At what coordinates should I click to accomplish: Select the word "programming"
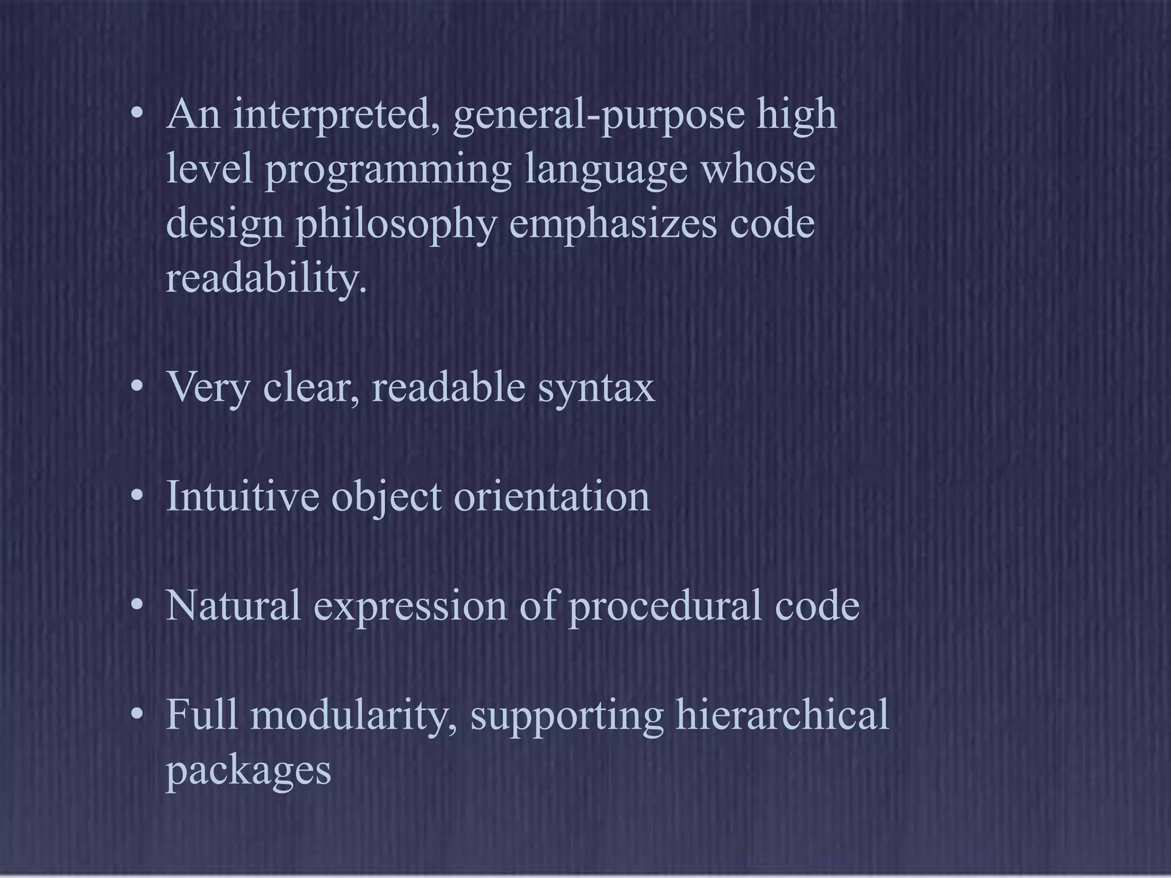pyautogui.click(x=388, y=171)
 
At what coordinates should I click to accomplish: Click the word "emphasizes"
pyautogui.click(x=612, y=225)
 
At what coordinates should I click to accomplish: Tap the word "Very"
pyautogui.click(x=208, y=389)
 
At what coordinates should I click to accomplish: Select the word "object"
pyautogui.click(x=387, y=497)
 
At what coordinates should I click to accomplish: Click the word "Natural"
pyautogui.click(x=233, y=605)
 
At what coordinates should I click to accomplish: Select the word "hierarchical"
pyautogui.click(x=782, y=715)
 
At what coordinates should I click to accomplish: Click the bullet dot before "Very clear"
pyautogui.click(x=136, y=389)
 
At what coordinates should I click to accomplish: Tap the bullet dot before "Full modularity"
pyautogui.click(x=136, y=715)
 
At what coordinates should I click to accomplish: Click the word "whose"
pyautogui.click(x=758, y=170)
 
